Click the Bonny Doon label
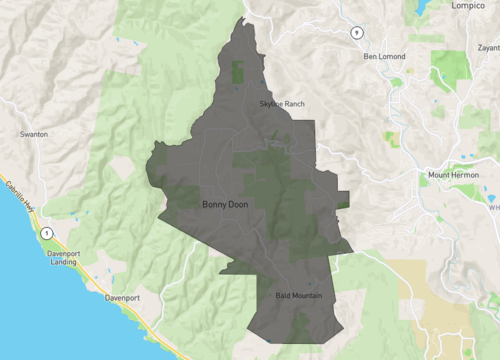225,204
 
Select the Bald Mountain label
299,296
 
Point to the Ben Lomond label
386,56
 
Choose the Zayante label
489,47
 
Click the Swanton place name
34,133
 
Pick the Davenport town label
125,298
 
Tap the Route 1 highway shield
45,233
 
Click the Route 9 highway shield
355,33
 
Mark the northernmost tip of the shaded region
245,19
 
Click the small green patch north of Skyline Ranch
238,73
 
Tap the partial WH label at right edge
493,208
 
